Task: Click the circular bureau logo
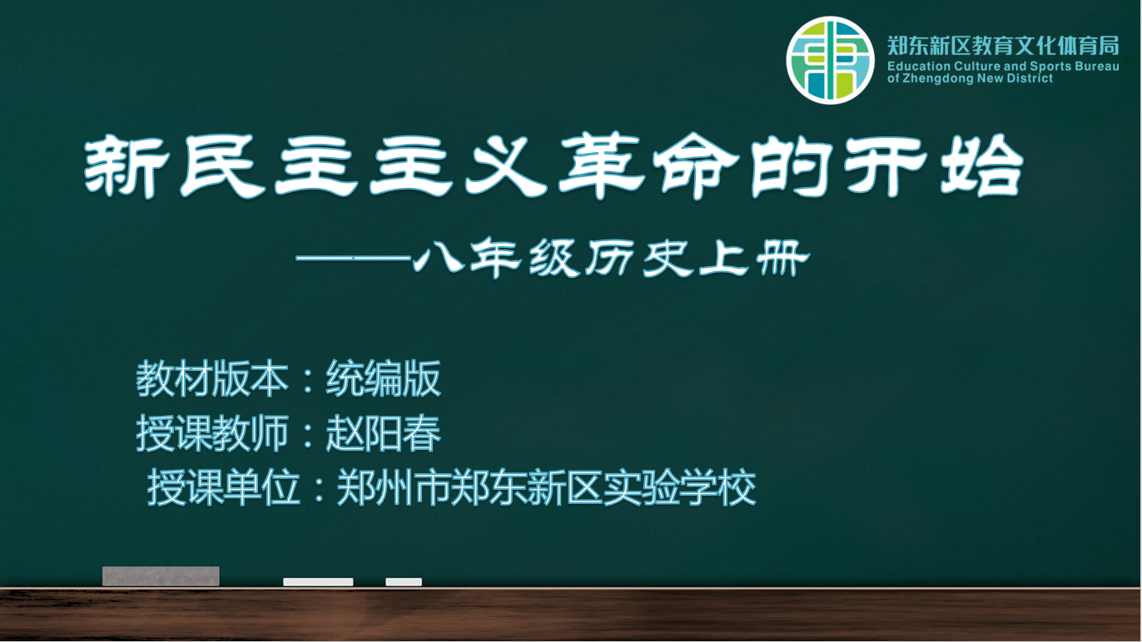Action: (x=830, y=60)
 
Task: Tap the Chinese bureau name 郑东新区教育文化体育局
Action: (x=1003, y=46)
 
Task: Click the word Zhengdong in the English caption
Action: (x=943, y=78)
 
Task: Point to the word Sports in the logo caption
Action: (x=1050, y=67)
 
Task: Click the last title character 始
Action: (x=982, y=165)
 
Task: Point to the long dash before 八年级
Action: (x=353, y=259)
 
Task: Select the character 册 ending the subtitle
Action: (x=782, y=258)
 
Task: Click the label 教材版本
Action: (x=212, y=378)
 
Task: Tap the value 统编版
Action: (x=384, y=378)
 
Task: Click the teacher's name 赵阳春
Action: (x=384, y=433)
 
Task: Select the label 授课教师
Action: (x=212, y=433)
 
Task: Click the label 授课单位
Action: (x=223, y=487)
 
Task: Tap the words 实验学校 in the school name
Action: (x=679, y=487)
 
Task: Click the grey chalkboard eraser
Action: (x=161, y=576)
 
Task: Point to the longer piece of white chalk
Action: (x=318, y=582)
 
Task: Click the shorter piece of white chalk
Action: (x=404, y=582)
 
